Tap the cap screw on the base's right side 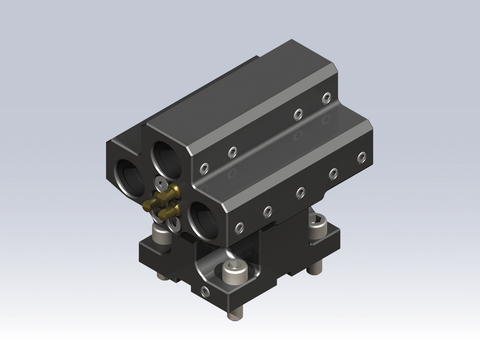pyautogui.click(x=318, y=226)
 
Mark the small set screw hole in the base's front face pyautogui.click(x=205, y=291)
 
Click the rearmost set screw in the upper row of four pyautogui.click(x=326, y=97)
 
